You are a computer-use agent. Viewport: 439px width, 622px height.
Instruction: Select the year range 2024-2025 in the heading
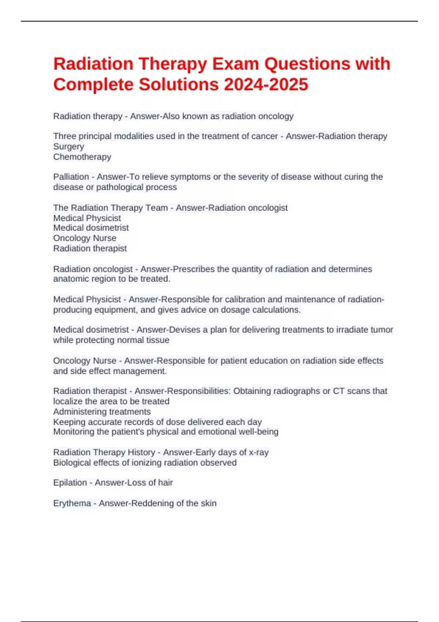point(266,85)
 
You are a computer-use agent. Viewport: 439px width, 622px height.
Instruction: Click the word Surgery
point(69,146)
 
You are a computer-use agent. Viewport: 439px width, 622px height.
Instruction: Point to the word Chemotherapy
point(82,157)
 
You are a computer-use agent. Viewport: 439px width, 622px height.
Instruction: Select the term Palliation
point(71,177)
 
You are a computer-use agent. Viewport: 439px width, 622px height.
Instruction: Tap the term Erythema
point(72,503)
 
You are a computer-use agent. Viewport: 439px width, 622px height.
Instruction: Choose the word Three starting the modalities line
point(64,136)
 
